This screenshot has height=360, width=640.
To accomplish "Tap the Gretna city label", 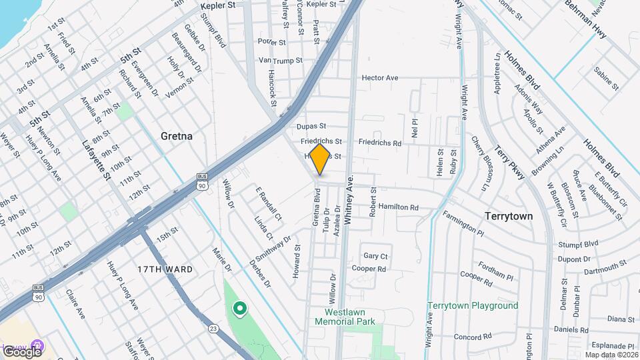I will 177,136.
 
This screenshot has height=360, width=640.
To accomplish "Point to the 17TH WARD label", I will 165,269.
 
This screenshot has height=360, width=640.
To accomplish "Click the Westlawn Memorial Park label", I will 350,317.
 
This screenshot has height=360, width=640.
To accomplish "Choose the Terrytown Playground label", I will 473,305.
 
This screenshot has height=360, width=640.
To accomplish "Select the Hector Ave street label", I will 379,78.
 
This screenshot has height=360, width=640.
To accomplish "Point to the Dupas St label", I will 312,125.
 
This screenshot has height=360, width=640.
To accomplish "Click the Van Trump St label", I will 281,60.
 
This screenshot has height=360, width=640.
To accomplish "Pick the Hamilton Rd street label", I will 398,207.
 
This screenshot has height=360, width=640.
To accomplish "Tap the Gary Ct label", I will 375,256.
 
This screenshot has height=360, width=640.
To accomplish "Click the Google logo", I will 21,351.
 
